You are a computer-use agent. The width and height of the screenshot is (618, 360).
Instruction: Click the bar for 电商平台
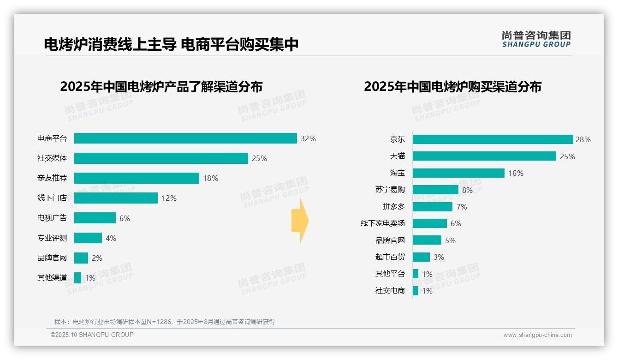coord(185,138)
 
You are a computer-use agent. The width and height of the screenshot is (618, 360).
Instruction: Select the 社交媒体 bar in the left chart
coord(161,158)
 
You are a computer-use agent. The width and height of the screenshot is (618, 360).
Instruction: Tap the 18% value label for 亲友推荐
coord(210,178)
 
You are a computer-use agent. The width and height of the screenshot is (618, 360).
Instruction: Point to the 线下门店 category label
coord(52,198)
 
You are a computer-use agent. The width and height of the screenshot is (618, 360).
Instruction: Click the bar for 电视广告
coord(95,218)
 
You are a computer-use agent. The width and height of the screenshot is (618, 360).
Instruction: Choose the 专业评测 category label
coord(52,238)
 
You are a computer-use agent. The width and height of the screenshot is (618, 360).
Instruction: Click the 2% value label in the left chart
coord(97,258)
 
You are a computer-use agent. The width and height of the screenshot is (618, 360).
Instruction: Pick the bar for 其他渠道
coord(78,278)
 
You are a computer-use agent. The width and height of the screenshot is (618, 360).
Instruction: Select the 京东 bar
coord(493,139)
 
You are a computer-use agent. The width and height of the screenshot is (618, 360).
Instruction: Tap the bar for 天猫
coord(484,156)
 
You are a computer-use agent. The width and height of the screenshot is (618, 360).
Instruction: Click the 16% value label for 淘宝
coord(516,173)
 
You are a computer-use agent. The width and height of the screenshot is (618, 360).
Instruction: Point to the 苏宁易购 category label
coord(390,190)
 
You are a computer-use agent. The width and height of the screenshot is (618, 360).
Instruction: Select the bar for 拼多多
coord(433,207)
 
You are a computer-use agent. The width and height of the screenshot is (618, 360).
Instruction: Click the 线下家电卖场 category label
coord(383,223)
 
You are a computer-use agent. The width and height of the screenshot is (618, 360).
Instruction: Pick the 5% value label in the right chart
coord(450,240)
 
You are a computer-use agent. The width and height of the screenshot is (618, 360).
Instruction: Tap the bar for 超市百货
coord(421,257)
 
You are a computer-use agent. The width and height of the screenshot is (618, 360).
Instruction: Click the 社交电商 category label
coord(390,291)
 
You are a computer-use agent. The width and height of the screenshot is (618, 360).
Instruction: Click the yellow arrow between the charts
coord(300,221)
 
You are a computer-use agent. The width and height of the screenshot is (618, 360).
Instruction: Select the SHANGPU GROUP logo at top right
coord(536,39)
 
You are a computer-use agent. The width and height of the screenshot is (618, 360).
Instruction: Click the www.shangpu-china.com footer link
coord(537,335)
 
